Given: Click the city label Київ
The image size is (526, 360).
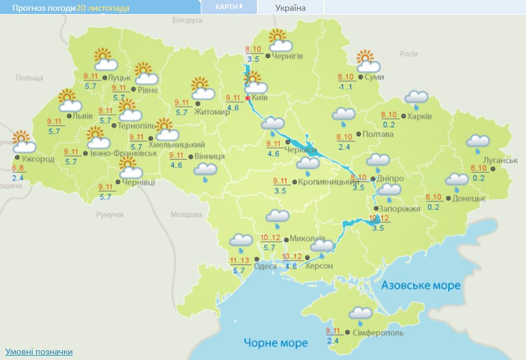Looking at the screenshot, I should coord(260,99).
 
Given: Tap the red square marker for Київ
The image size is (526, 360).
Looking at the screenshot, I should coord(248,99).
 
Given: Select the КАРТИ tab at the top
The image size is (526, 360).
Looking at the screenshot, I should coord(228,7).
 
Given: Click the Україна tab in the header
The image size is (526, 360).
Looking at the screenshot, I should coord(290,8).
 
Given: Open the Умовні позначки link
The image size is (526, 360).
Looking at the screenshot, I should coord(38,351).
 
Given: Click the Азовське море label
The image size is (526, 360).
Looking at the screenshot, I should coord(421,285).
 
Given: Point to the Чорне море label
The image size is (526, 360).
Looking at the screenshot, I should coord(275,342).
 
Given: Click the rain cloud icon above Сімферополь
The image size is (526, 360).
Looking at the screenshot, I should coord(360,315).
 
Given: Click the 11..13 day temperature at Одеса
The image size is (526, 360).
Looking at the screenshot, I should coord(239,261).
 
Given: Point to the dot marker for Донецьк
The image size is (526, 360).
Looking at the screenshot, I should coord(448,199).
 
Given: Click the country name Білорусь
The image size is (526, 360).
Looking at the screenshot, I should coord(187,20).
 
